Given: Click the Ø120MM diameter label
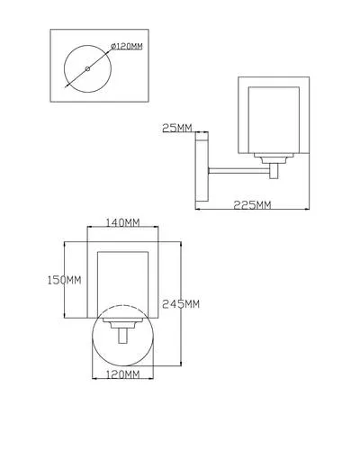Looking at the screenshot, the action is (127, 47).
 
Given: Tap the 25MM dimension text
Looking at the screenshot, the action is (177, 128).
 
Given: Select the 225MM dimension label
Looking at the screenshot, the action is (252, 205).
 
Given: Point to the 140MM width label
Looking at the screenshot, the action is (123, 222).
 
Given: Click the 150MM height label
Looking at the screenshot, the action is (65, 280).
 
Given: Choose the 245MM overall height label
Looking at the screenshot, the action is (181, 304).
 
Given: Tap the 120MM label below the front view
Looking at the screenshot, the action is (123, 374).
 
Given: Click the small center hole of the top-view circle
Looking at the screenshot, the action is (87, 69).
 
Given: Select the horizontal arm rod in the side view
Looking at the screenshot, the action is (239, 171).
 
